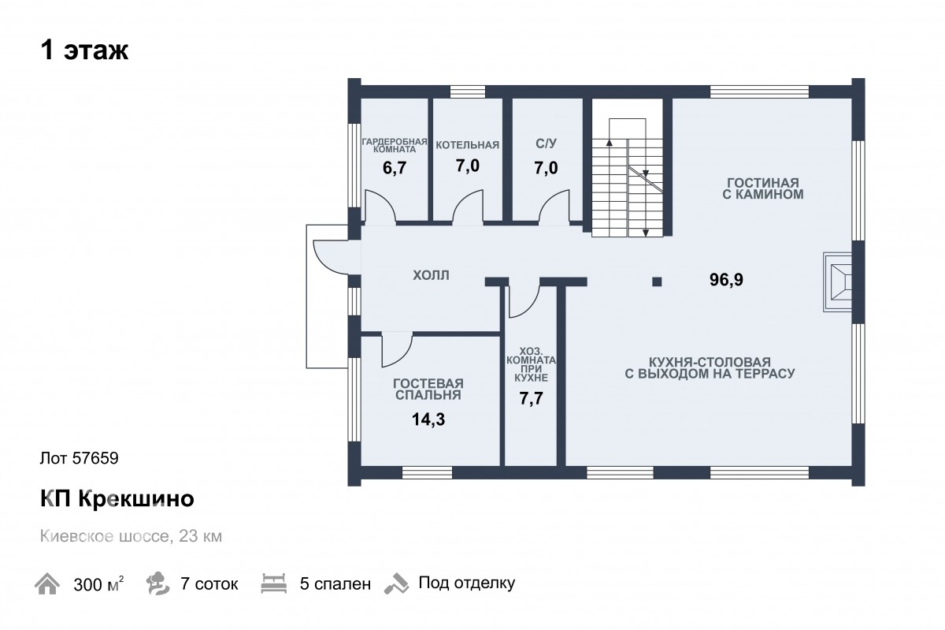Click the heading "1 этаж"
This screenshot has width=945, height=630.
(x=84, y=50)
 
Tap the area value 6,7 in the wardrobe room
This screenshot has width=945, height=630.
(x=395, y=168)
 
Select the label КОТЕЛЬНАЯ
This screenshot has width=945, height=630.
(x=468, y=145)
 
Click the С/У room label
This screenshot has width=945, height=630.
(x=546, y=144)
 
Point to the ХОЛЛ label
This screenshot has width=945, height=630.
(x=431, y=275)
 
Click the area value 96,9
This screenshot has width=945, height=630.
(x=726, y=279)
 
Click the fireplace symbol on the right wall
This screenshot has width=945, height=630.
(x=837, y=282)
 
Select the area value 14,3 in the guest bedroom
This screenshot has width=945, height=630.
(x=428, y=419)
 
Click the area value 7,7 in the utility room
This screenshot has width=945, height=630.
(x=531, y=398)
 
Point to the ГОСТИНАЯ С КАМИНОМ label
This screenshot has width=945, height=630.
(x=763, y=188)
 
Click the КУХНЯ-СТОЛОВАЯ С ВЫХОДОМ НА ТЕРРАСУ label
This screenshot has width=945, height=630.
(x=710, y=367)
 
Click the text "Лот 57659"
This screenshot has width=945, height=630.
(x=80, y=458)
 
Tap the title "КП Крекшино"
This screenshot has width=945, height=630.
(x=117, y=498)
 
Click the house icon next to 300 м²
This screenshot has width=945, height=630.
(x=46, y=583)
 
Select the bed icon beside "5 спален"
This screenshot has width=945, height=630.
(x=274, y=583)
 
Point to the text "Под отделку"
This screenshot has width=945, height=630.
(x=466, y=583)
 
